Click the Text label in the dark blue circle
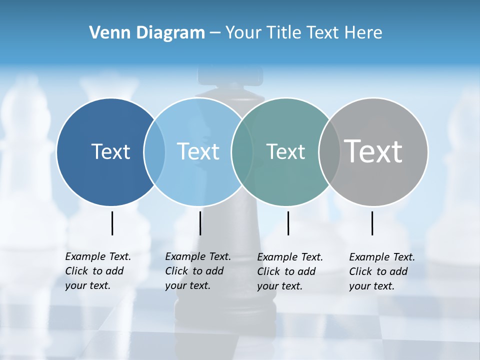[x=110, y=151]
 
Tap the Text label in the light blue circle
[x=198, y=151]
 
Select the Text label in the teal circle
[x=285, y=151]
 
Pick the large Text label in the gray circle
[x=373, y=151]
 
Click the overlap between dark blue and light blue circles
[x=154, y=151]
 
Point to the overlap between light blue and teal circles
[x=242, y=151]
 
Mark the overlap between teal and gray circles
[x=329, y=151]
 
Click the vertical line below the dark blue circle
[x=112, y=223]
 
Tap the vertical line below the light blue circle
[x=200, y=223]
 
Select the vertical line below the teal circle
[x=288, y=223]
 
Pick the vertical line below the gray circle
[x=372, y=223]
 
